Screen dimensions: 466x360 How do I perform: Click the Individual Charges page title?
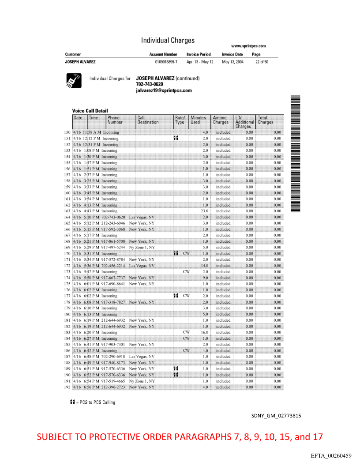click(168, 40)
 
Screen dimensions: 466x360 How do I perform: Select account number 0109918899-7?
click(163, 62)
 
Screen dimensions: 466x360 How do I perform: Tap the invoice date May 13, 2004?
click(232, 62)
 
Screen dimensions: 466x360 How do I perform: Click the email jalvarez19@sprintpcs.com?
click(164, 90)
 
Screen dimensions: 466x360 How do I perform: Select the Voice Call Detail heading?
click(90, 111)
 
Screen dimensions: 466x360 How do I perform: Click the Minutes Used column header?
click(198, 120)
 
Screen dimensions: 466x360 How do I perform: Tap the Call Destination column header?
click(148, 120)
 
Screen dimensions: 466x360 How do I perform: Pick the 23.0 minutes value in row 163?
click(205, 211)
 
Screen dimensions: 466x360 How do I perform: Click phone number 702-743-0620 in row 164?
click(113, 217)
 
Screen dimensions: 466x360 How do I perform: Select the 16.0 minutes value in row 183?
click(205, 332)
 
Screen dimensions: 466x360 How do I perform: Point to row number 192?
click(67, 387)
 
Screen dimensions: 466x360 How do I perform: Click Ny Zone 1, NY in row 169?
click(142, 248)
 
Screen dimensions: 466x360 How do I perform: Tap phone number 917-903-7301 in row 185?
click(113, 344)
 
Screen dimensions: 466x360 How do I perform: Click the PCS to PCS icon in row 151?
click(176, 138)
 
